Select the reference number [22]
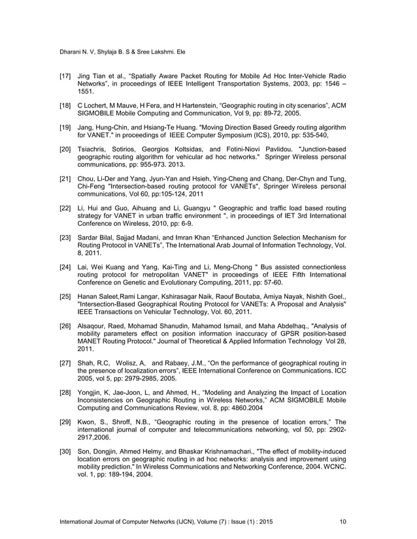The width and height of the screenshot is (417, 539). pos(65,209)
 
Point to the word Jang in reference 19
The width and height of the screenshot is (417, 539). pos(85,125)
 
